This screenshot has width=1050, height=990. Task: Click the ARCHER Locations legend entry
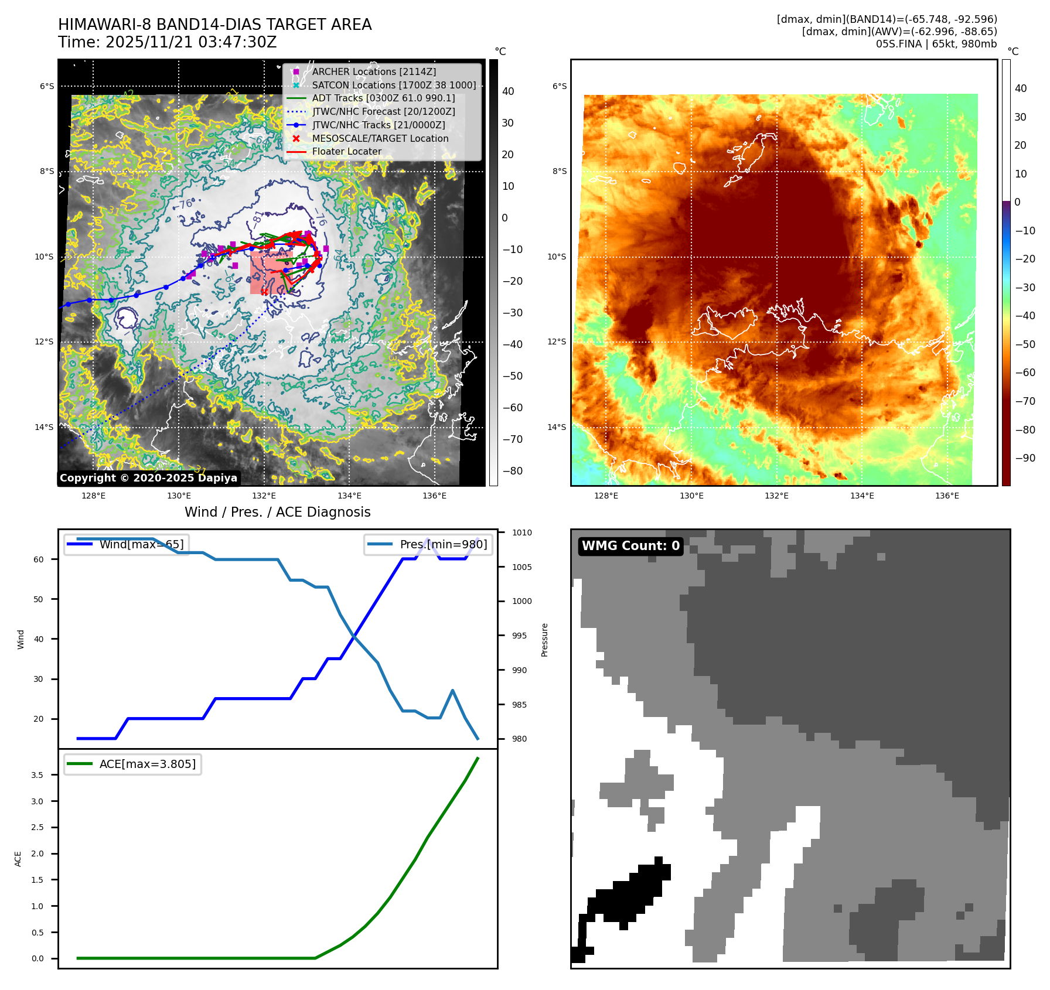[x=374, y=71]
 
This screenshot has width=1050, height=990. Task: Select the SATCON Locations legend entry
[x=394, y=85]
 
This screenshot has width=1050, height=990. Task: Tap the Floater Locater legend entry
[x=346, y=151]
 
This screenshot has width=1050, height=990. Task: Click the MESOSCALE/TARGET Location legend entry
[x=380, y=138]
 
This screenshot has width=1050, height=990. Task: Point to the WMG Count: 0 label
[x=630, y=546]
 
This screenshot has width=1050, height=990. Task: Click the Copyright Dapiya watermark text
[x=148, y=478]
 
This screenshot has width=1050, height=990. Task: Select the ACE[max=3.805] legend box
[x=132, y=764]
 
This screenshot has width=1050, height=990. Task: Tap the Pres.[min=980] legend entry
[x=428, y=544]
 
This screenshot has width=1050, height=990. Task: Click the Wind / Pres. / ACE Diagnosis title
[x=277, y=512]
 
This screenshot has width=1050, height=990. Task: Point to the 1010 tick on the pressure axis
[x=521, y=532]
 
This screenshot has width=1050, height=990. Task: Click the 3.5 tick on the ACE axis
[x=37, y=775]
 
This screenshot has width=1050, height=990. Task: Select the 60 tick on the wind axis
[x=39, y=559]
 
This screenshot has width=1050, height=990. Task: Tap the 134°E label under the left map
[x=349, y=496]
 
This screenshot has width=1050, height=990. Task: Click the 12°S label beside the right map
[x=557, y=342]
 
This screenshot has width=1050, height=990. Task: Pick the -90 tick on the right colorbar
[x=1025, y=458]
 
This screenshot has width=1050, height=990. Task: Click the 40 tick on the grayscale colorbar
[x=508, y=91]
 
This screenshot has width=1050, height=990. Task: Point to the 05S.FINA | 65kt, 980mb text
[x=936, y=44]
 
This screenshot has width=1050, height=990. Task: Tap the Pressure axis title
[x=544, y=640]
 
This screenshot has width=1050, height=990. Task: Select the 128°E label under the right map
[x=606, y=496]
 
